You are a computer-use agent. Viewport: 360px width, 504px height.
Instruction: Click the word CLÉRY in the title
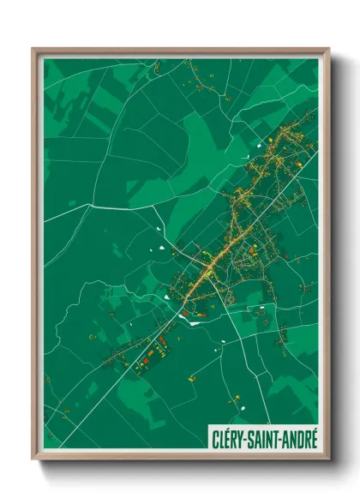point(229,438)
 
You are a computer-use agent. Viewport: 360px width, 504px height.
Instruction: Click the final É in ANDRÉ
point(312,438)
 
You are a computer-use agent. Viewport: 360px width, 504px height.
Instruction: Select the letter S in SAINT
point(250,438)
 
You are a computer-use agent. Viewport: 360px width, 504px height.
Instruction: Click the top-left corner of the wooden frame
point(33,50)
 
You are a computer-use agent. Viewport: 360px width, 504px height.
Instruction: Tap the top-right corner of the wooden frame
point(327,50)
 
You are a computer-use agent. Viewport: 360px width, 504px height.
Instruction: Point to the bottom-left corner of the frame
point(33,459)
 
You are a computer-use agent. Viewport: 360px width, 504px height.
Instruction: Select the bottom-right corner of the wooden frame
point(327,459)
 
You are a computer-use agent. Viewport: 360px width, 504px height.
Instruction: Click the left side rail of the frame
point(36,257)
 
